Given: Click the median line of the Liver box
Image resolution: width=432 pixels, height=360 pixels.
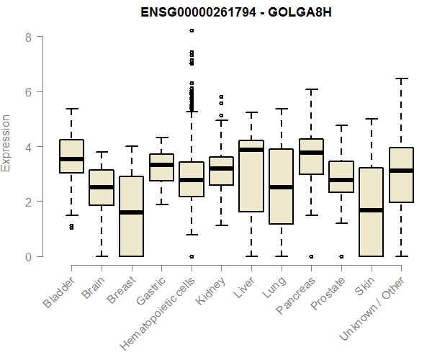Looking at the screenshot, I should click(x=251, y=150).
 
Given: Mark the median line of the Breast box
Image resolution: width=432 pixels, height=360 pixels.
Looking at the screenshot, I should click(x=131, y=212).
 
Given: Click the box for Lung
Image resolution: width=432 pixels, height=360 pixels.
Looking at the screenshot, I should click(x=281, y=187).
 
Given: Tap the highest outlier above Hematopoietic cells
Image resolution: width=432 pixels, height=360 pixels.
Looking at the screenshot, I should click(x=192, y=30).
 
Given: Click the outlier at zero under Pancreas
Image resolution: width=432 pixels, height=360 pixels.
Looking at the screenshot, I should click(x=311, y=256).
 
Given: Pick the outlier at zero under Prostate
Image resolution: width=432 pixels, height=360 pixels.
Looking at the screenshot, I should click(x=341, y=256).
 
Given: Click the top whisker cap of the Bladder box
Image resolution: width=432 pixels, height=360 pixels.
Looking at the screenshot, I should click(x=72, y=109).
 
